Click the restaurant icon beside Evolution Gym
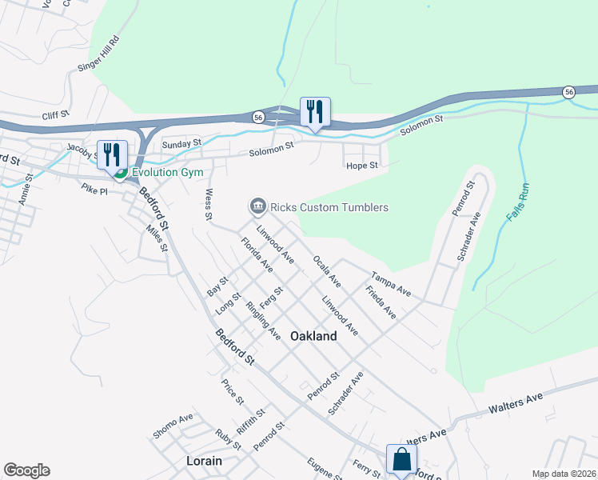[x=111, y=154]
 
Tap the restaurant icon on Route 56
[x=314, y=111]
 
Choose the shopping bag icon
[x=401, y=459]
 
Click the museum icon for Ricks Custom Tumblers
[x=257, y=207]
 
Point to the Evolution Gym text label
[x=167, y=172]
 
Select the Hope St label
[x=361, y=166]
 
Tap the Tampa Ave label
[x=390, y=284]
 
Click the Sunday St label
[x=181, y=144]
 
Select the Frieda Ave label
[x=381, y=303]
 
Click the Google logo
[x=26, y=470]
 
